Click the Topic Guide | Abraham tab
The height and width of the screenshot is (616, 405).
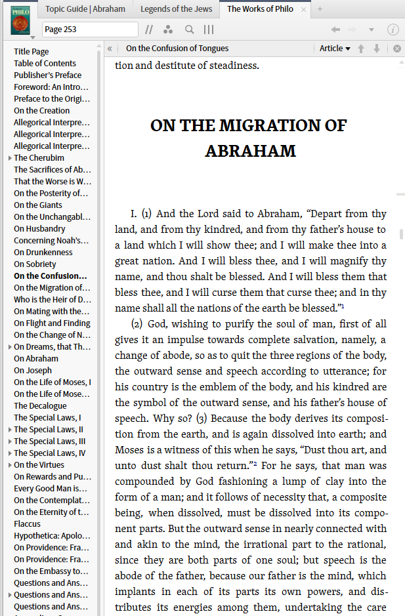(85, 9)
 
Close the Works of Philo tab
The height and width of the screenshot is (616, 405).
(303, 9)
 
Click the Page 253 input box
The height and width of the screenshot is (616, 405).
(89, 30)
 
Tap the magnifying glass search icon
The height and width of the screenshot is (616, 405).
(189, 30)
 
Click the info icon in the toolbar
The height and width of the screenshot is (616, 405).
(393, 30)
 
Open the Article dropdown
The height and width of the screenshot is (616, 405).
(335, 48)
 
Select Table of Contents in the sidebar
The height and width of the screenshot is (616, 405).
(45, 64)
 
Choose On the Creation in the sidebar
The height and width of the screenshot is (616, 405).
(41, 111)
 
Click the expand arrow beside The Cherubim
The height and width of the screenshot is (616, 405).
(10, 158)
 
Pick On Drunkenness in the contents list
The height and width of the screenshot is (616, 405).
(43, 253)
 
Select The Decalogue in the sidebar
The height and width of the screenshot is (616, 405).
(40, 406)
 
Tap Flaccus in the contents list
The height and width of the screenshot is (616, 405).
(27, 524)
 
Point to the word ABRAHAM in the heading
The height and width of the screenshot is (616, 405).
(250, 151)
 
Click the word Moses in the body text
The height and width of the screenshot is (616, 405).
(129, 450)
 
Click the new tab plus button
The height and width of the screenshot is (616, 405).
(320, 9)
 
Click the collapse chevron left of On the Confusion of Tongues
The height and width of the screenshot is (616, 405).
(110, 48)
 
